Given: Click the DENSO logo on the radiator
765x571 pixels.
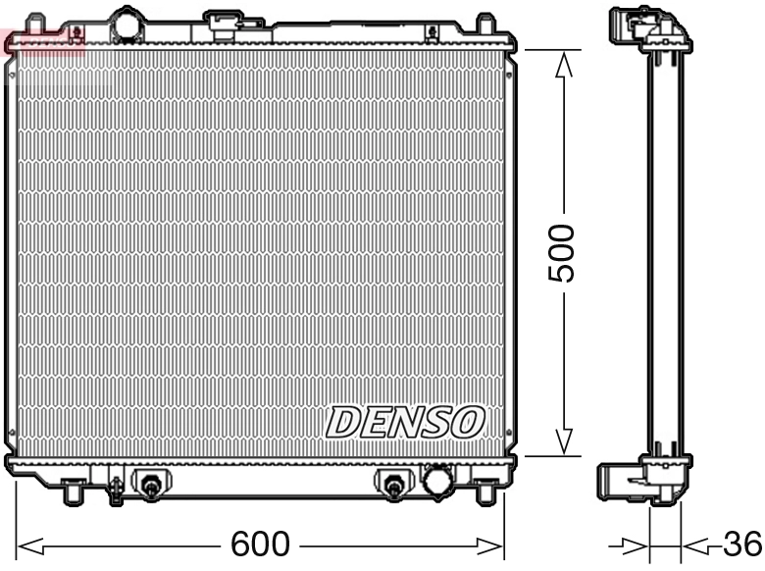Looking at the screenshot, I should tap(405, 422).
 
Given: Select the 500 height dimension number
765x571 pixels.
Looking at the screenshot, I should tap(561, 253).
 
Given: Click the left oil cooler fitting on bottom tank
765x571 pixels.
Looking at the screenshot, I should tap(151, 485).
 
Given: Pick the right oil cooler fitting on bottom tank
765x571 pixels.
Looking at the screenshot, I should tap(392, 484).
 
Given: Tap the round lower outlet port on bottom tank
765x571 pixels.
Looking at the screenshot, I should tap(436, 481).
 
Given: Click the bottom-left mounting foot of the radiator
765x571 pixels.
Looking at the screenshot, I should tap(72, 490).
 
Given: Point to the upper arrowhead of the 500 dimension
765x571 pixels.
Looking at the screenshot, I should tap(564, 64).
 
